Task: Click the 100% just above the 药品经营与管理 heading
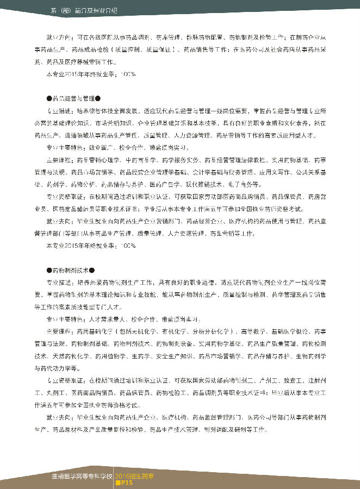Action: coord(128,74)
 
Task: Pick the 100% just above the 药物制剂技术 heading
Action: coord(128,246)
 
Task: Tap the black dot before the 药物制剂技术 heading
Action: coord(49,269)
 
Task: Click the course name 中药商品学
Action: coord(138,160)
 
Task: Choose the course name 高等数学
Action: coord(251,331)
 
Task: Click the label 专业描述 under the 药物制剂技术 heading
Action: coord(59,283)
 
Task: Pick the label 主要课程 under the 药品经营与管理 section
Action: coord(59,160)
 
